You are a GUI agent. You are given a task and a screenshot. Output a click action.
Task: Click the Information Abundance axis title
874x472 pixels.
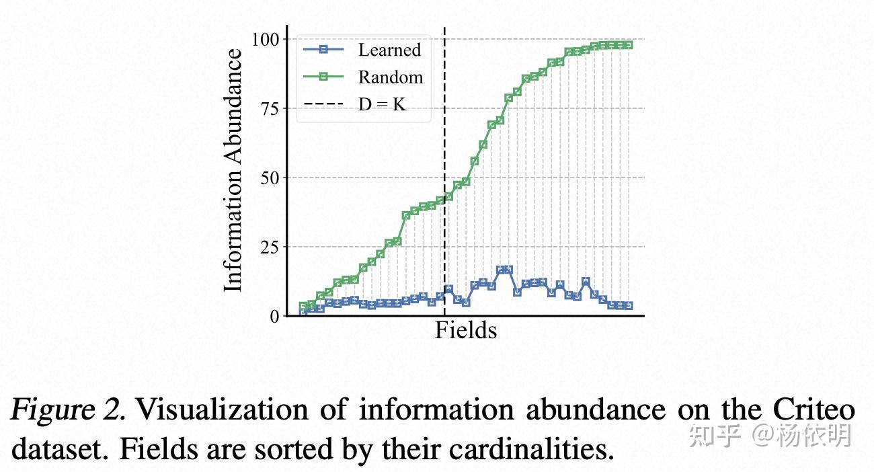click(x=233, y=171)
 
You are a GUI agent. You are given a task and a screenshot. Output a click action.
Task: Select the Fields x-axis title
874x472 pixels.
click(x=465, y=331)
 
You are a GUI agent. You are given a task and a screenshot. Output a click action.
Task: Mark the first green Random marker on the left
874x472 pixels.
click(x=304, y=307)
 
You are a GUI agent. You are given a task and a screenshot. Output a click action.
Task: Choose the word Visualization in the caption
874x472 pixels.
click(x=218, y=409)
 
